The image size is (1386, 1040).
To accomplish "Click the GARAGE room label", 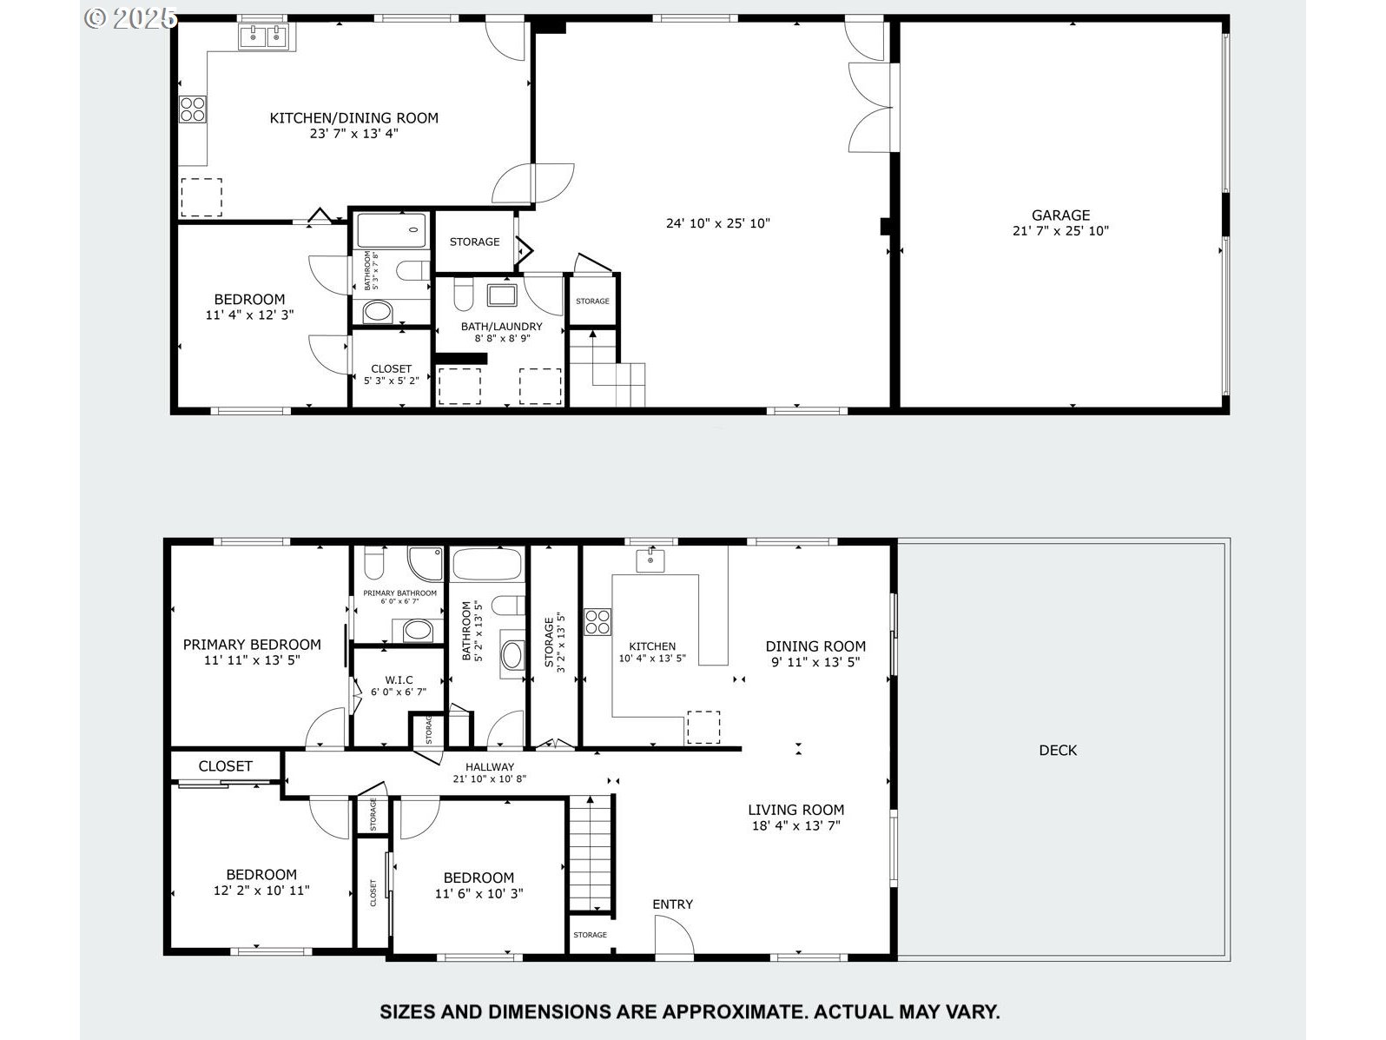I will pos(1060,215).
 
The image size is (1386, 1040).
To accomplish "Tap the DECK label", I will pos(1058,750).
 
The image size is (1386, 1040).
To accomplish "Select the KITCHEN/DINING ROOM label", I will pos(353,118).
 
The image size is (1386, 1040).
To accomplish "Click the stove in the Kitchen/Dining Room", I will pos(193,109).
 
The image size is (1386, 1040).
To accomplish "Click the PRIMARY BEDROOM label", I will pos(252,645).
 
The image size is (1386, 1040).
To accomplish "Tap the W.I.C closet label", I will pos(399,680).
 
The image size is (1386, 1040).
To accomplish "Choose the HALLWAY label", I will pos(490,767).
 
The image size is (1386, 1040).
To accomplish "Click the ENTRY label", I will pos(673,904).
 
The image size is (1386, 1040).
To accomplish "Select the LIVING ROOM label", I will pos(795,810).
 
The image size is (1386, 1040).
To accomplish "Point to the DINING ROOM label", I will pos(815,646).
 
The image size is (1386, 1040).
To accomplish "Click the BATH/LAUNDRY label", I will pos(501,327).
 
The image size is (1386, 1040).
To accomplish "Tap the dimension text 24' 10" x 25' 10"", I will pos(718,223).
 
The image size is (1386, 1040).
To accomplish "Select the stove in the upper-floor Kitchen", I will pos(597,621).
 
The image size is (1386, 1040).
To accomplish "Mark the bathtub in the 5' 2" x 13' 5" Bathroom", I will pos(487,565).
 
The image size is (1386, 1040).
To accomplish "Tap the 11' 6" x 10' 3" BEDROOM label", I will pos(478,878).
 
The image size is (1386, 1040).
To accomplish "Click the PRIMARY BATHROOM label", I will pos(399,593).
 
